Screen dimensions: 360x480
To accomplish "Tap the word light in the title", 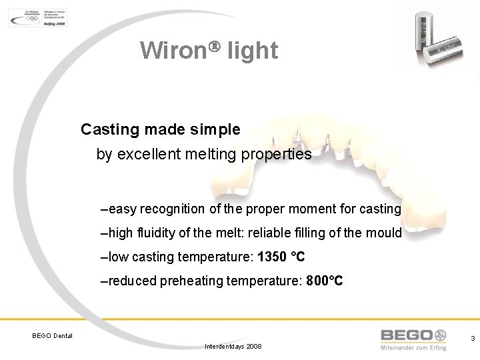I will tap(253, 50).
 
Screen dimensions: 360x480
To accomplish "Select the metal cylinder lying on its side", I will tap(448, 49).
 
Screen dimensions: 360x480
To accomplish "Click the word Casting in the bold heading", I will tap(109, 129).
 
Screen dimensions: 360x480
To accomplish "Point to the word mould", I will tap(385, 233).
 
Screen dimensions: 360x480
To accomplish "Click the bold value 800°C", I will tap(325, 281).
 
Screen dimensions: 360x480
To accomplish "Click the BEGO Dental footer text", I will tap(53, 335).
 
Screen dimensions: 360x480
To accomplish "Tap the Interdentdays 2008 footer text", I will tap(233, 347).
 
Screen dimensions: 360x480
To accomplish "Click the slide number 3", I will tap(473, 339).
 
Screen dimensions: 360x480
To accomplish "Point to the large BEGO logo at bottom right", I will tap(413, 335).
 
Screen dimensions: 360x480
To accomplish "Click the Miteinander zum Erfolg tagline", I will tap(413, 348).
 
